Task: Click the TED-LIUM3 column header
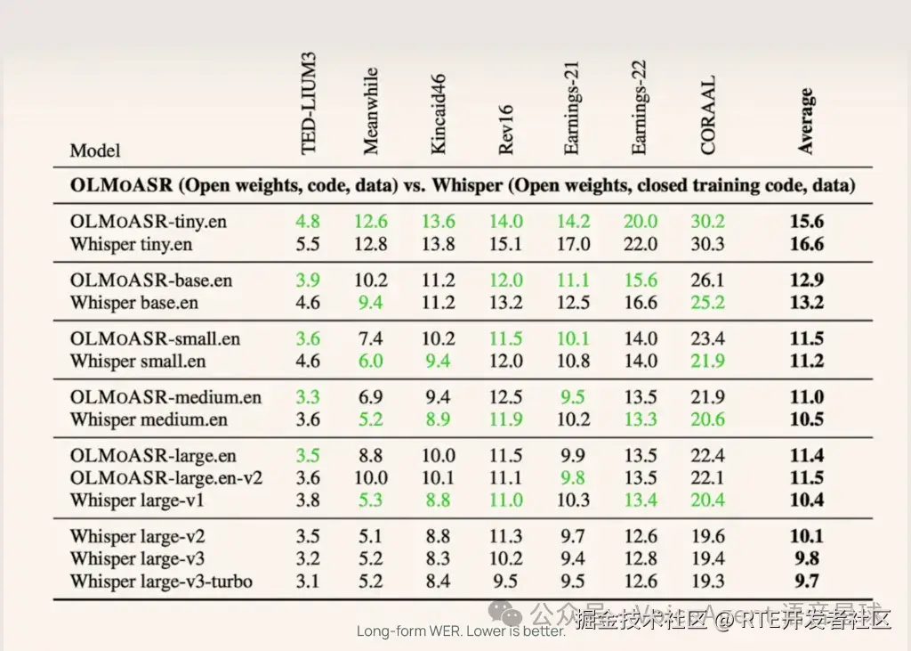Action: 310,102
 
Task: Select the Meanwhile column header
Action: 372,111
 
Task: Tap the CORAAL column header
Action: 708,116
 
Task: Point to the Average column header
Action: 806,121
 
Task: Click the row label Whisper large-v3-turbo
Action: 161,582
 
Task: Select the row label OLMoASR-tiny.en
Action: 149,221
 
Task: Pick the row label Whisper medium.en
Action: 149,419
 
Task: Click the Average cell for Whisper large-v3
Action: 807,559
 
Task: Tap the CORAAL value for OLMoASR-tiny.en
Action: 707,221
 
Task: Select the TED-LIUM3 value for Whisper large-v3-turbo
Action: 308,582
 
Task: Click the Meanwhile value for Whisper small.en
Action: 371,361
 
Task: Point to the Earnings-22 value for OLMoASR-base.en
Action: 641,280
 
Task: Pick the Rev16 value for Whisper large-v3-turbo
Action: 506,582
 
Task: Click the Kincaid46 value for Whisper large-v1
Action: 439,500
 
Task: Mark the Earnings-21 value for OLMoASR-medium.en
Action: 574,397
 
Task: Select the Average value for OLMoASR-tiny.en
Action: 807,221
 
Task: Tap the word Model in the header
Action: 95,151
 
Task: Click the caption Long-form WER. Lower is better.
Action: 461,631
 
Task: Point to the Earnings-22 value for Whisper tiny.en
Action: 641,243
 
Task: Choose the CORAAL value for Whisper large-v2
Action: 707,536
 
